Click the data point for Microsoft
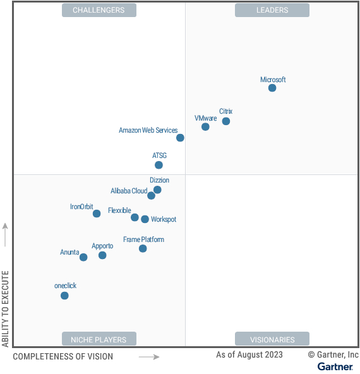click(x=272, y=88)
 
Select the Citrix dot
click(x=226, y=121)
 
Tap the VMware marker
click(x=205, y=127)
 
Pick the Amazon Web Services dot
click(x=180, y=138)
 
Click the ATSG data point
click(x=159, y=165)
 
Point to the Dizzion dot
click(x=157, y=190)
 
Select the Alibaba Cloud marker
click(x=151, y=196)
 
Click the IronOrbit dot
click(x=97, y=214)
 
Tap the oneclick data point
click(x=64, y=296)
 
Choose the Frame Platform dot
click(x=143, y=248)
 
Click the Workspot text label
click(x=164, y=219)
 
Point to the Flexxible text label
click(x=119, y=210)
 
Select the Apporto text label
click(x=102, y=246)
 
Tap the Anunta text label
click(x=69, y=252)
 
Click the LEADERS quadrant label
click(x=272, y=10)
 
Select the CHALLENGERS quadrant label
click(x=99, y=10)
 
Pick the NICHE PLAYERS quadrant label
click(x=99, y=339)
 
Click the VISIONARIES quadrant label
click(x=272, y=339)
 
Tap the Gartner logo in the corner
click(x=335, y=366)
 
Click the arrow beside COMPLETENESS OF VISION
click(x=149, y=357)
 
